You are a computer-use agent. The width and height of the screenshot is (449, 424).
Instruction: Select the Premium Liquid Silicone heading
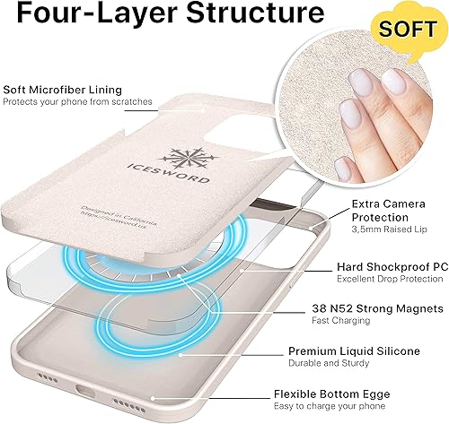367,350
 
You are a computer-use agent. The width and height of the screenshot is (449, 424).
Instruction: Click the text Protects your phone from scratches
76,102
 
